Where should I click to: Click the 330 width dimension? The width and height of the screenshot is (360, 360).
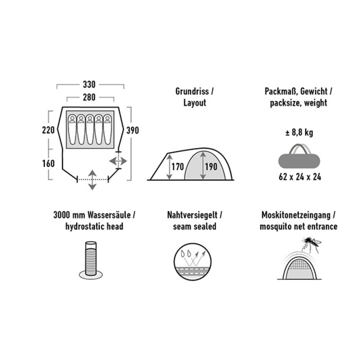[89, 84]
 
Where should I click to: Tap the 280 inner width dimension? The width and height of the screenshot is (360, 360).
[89, 97]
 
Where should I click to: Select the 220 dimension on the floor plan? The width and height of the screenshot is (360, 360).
[48, 130]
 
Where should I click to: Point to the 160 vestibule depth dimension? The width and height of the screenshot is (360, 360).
[48, 164]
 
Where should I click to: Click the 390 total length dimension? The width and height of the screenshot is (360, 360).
[133, 131]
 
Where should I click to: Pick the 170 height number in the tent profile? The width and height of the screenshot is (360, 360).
[178, 167]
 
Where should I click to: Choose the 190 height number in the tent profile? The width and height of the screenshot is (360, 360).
[211, 167]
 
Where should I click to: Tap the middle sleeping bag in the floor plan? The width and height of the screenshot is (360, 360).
[90, 130]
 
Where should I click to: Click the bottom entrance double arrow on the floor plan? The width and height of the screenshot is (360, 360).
[92, 180]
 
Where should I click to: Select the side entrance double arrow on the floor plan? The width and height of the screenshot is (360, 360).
[118, 161]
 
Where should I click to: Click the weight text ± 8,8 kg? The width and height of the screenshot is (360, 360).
[299, 133]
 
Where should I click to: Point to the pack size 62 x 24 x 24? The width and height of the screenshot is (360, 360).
[300, 177]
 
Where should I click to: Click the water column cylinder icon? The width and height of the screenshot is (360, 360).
[91, 260]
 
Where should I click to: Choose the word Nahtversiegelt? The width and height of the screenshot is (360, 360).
[192, 215]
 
